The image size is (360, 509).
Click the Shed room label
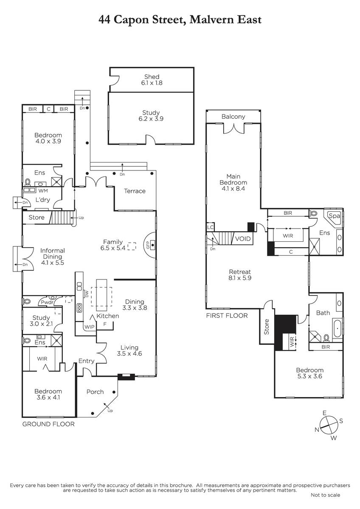(x=152, y=77)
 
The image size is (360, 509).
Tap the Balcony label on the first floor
(x=233, y=117)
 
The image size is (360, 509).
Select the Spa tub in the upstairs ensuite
(x=334, y=216)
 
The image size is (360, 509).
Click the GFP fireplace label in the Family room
(x=148, y=244)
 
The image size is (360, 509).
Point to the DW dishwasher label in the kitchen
(x=87, y=294)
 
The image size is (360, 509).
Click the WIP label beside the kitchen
(x=90, y=327)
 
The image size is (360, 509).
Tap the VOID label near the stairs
(x=243, y=239)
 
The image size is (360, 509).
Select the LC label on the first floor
(x=211, y=227)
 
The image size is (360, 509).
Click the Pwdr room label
(x=47, y=302)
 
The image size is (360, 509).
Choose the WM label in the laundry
(x=43, y=190)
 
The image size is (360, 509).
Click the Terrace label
(x=135, y=191)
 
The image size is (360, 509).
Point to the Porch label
(x=95, y=392)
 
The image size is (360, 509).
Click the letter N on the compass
(x=317, y=430)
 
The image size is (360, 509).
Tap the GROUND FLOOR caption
(x=48, y=424)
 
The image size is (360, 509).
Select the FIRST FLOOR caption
(x=227, y=316)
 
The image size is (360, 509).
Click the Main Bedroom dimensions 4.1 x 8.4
(x=233, y=188)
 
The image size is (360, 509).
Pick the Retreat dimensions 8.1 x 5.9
(x=240, y=278)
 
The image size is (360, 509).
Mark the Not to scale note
(x=326, y=495)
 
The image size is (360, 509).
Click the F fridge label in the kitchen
(x=105, y=324)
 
